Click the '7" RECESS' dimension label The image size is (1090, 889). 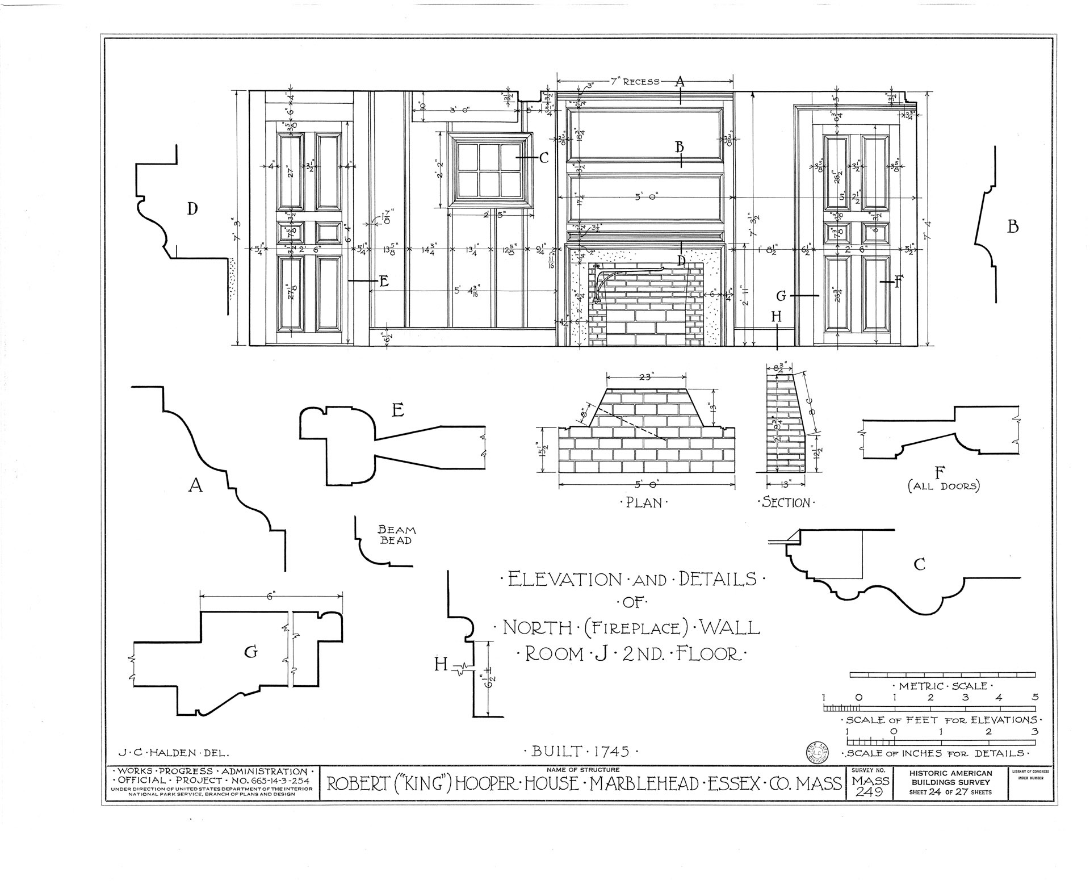635,82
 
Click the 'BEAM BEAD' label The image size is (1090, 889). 397,535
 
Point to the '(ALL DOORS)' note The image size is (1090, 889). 944,487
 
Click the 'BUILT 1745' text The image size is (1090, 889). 582,752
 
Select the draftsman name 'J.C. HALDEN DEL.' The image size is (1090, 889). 174,753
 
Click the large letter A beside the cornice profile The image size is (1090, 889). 195,485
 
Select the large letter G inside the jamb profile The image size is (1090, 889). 251,652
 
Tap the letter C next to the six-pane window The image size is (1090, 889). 543,158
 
